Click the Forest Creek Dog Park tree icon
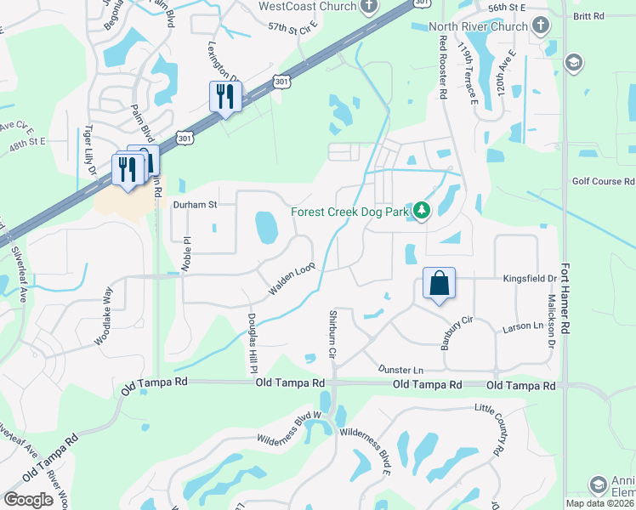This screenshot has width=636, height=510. (x=422, y=211)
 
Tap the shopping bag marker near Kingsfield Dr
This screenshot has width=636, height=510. (x=440, y=283)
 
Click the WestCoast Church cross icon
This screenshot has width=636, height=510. (x=368, y=7)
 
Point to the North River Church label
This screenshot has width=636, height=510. (x=479, y=26)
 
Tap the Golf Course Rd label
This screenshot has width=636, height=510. (x=604, y=181)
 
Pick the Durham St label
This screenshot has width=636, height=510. (x=196, y=204)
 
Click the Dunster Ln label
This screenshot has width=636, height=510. (x=400, y=370)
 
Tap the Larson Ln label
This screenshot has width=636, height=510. (x=522, y=326)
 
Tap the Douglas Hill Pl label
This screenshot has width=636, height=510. (x=253, y=339)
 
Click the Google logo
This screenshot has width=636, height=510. (x=29, y=499)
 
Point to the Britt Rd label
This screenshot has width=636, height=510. (x=588, y=15)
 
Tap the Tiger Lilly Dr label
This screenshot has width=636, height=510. (x=89, y=151)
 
